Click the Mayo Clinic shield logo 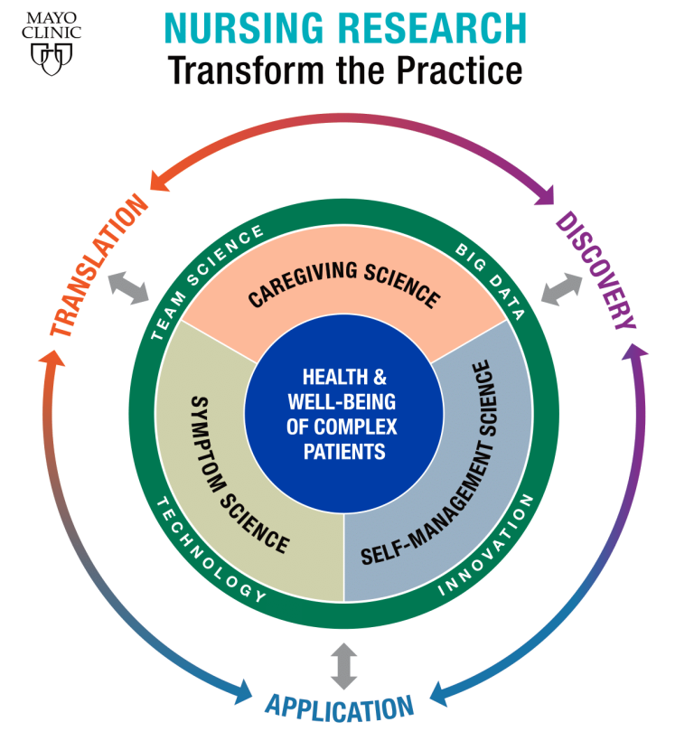click(x=52, y=59)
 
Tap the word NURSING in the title click(x=244, y=28)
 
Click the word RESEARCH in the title click(x=433, y=28)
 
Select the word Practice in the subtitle click(x=459, y=70)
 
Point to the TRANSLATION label click(x=98, y=265)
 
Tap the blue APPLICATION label click(x=339, y=708)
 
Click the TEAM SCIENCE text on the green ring click(x=206, y=282)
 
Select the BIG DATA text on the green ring click(x=490, y=282)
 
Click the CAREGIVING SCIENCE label click(x=344, y=285)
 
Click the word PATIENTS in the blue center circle click(x=344, y=452)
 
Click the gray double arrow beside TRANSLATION click(x=128, y=287)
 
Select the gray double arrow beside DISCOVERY click(x=561, y=289)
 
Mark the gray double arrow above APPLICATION click(x=343, y=666)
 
